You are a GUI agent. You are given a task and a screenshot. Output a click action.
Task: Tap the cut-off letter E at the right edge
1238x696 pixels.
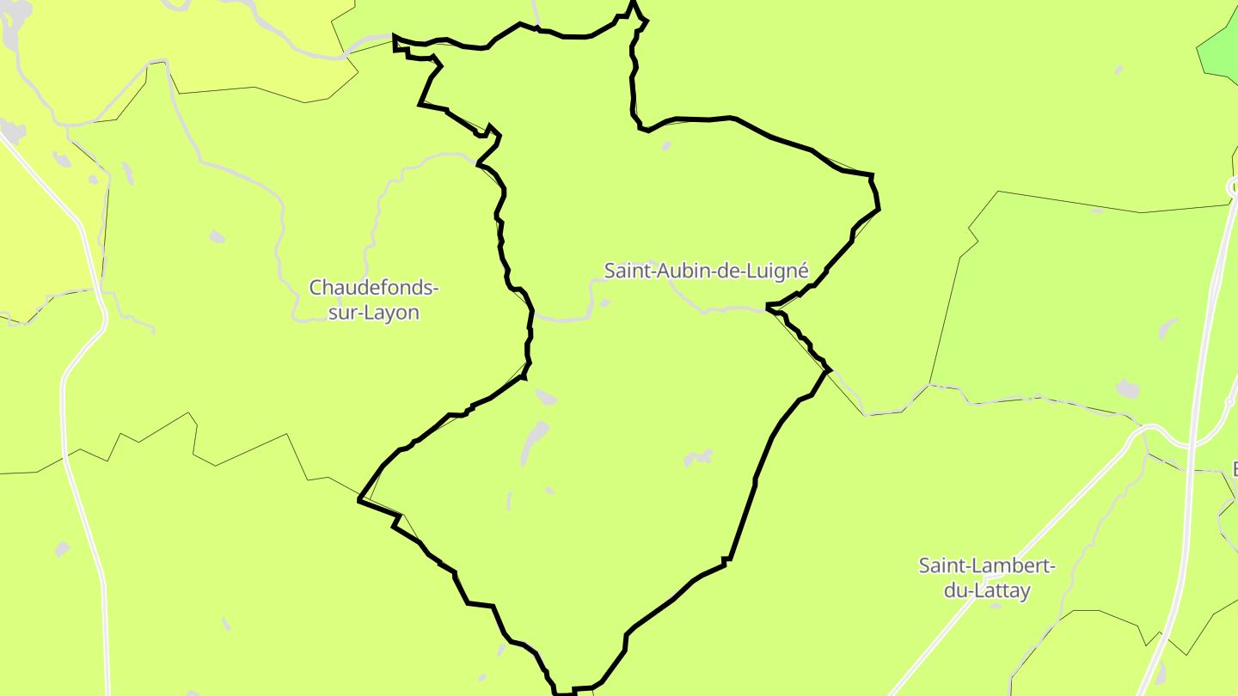click(x=1234, y=469)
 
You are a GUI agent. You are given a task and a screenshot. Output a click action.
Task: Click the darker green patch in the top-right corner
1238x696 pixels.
click(x=1220, y=52)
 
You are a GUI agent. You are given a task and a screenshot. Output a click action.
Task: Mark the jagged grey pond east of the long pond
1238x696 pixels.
click(x=699, y=457)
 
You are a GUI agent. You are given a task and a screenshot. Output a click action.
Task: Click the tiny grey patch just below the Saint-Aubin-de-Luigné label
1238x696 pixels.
click(x=605, y=302)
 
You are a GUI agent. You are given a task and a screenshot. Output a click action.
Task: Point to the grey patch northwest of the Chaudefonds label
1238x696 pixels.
click(x=218, y=236)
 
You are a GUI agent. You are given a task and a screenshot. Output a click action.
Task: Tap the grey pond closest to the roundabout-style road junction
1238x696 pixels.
click(x=1127, y=388)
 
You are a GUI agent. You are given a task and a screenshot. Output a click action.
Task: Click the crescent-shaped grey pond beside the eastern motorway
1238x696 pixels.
click(x=1167, y=327)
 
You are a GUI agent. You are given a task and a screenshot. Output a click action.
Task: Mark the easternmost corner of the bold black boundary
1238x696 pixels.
click(x=879, y=208)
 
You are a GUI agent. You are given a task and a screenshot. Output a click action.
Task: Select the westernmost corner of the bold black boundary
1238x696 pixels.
click(x=359, y=499)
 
